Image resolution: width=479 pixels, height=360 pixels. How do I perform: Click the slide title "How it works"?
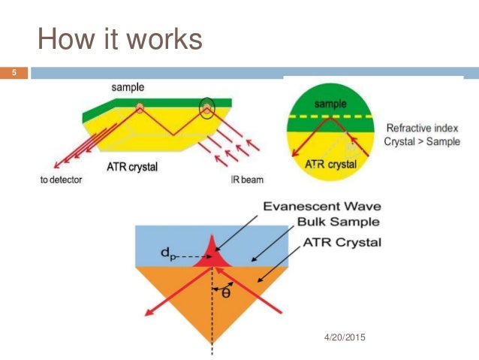120,38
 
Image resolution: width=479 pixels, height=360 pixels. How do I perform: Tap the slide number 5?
13,73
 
